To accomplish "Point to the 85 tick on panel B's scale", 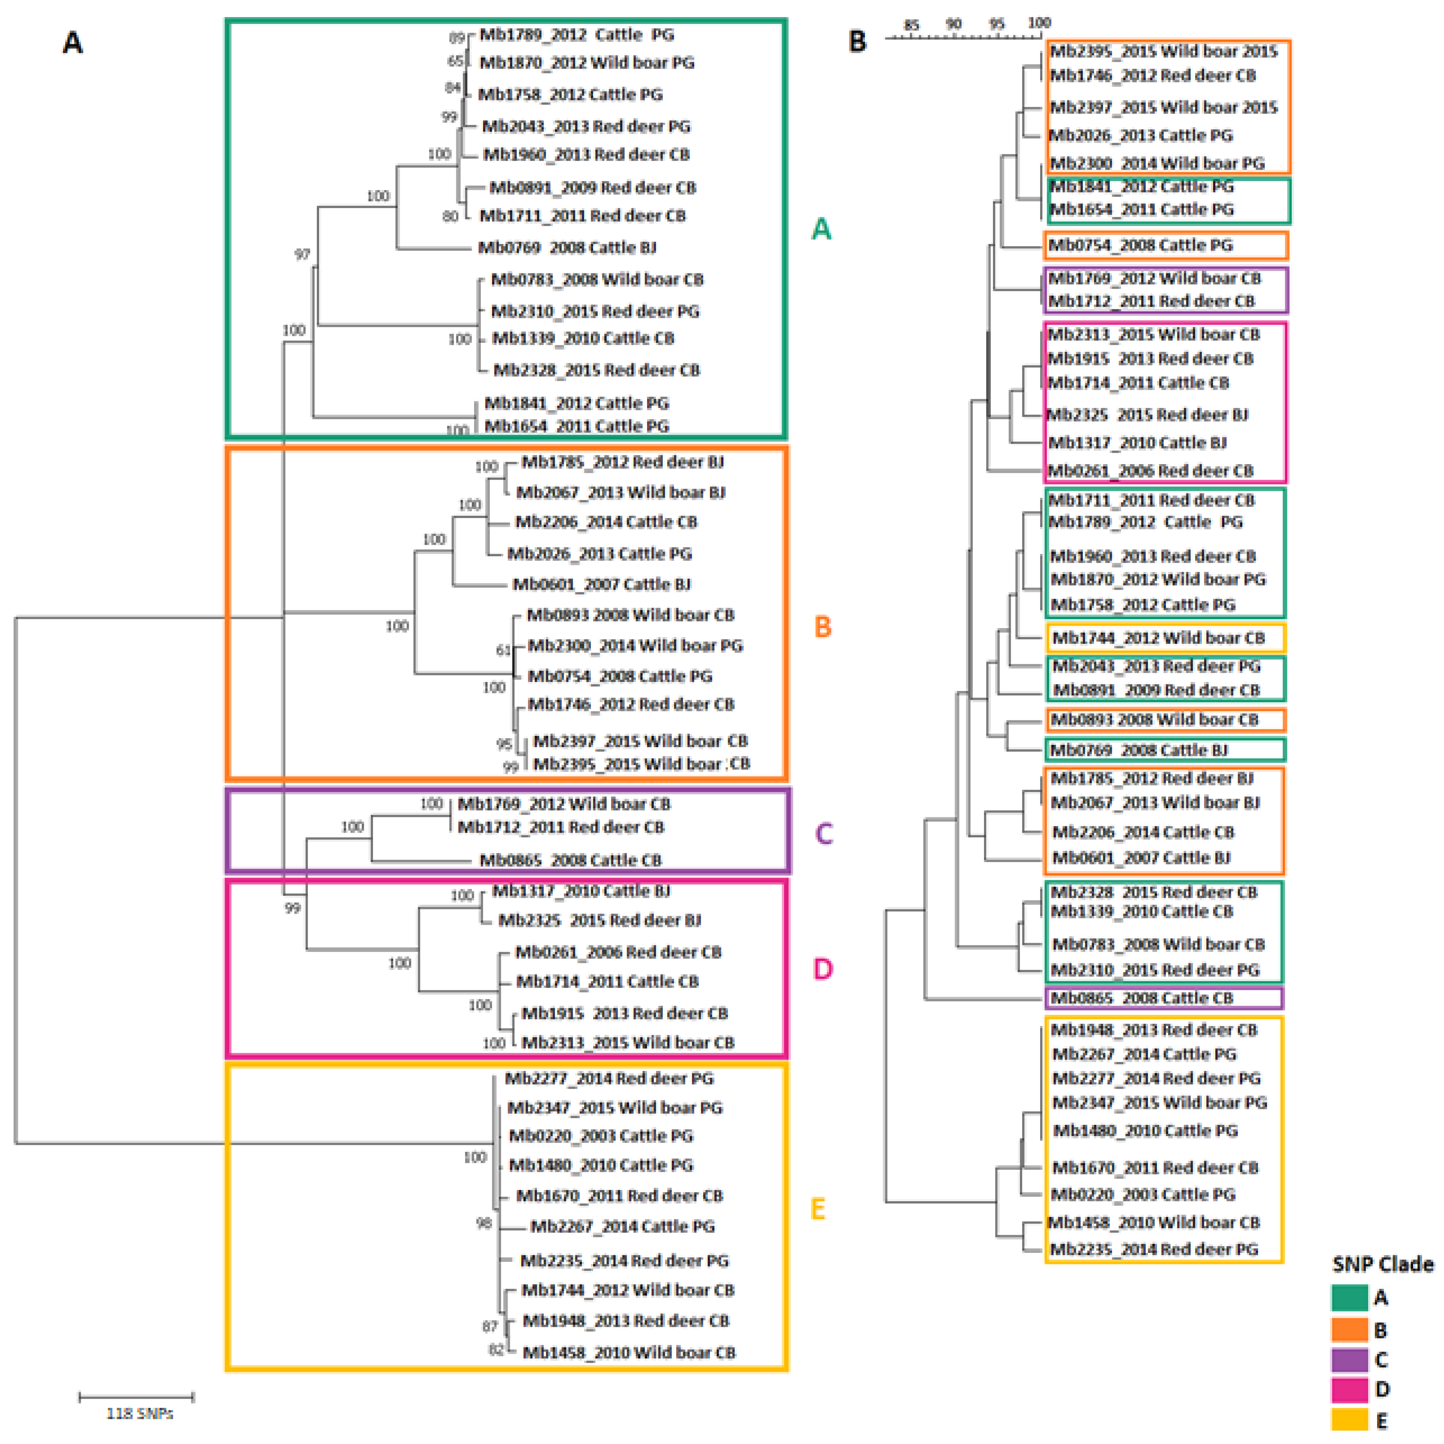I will (911, 25).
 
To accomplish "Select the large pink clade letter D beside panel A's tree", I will (822, 969).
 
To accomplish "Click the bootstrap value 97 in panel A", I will (302, 254).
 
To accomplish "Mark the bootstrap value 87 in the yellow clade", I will (489, 1326).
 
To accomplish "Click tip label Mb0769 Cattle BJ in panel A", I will (566, 247).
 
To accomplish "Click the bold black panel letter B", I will (857, 41).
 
